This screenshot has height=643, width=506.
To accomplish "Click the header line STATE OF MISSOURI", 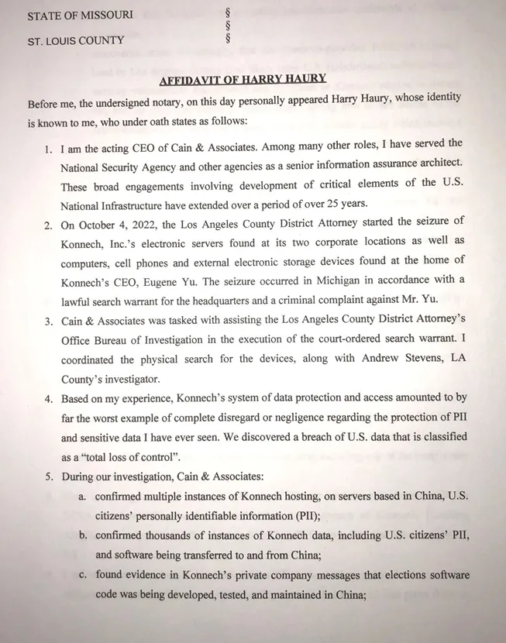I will (x=80, y=15).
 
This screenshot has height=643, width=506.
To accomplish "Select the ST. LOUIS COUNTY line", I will (x=76, y=40).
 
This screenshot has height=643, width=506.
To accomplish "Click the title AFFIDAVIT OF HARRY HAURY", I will (x=243, y=79).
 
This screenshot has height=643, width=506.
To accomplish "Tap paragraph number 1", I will (x=48, y=145).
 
